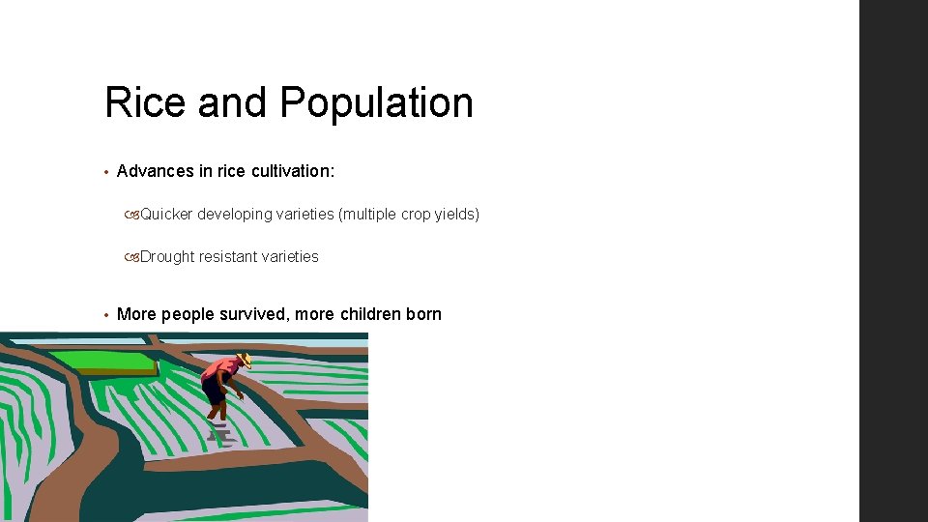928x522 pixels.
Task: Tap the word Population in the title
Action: pyautogui.click(x=377, y=103)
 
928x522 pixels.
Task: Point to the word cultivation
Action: pyautogui.click(x=293, y=171)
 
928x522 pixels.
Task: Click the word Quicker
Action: pyautogui.click(x=166, y=214)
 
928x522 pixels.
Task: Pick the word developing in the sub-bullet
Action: pyautogui.click(x=235, y=214)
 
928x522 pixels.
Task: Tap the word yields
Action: pyautogui.click(x=456, y=214)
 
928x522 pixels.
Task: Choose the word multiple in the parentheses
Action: pyautogui.click(x=367, y=214)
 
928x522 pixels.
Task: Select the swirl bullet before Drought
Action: pyautogui.click(x=131, y=257)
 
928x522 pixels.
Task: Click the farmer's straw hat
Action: pyautogui.click(x=245, y=360)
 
